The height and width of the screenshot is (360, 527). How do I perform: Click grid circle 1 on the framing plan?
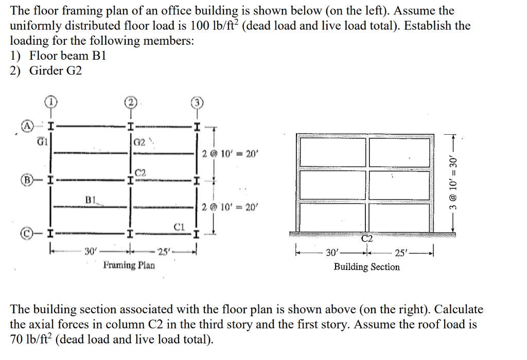[51, 101]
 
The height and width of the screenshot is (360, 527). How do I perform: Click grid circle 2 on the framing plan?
[131, 102]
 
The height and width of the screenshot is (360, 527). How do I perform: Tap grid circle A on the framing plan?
[25, 125]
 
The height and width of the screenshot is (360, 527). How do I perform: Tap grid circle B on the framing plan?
[25, 181]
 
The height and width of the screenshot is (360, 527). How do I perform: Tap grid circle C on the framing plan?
[25, 235]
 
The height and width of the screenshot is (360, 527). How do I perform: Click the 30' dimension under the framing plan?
[91, 251]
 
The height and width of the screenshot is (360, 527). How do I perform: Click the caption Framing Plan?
[129, 265]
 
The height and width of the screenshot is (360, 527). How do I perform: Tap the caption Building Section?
[366, 266]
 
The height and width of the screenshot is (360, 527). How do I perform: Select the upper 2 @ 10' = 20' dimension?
[231, 153]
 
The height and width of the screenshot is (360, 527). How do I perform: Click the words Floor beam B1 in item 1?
[67, 56]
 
